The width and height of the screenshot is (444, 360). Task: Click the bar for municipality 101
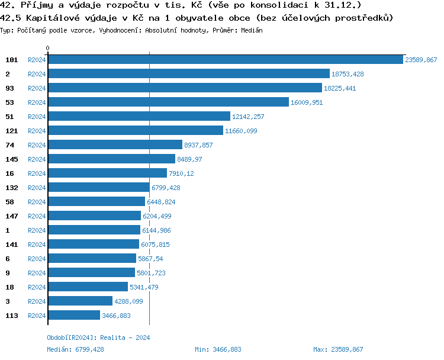pyautogui.click(x=225, y=60)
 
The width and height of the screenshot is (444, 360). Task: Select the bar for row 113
pyautogui.click(x=73, y=316)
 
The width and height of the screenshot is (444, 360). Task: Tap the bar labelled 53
pyautogui.click(x=168, y=102)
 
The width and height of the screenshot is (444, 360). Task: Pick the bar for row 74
pyautogui.click(x=115, y=145)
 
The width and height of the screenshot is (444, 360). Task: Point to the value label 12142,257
pyautogui.click(x=248, y=117)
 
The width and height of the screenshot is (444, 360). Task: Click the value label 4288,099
pyautogui.click(x=128, y=301)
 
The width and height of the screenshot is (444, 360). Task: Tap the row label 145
pyautogui.click(x=12, y=159)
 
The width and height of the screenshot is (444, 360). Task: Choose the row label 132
pyautogui.click(x=12, y=188)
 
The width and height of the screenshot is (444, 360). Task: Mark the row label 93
pyautogui.click(x=9, y=88)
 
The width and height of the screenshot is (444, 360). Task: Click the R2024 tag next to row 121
pyautogui.click(x=37, y=131)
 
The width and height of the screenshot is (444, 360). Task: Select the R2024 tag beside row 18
pyautogui.click(x=37, y=287)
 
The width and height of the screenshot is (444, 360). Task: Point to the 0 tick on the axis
pyautogui.click(x=47, y=48)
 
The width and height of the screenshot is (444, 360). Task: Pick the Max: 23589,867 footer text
pyautogui.click(x=337, y=349)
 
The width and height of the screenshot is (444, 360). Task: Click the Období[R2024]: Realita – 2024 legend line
pyautogui.click(x=98, y=337)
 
